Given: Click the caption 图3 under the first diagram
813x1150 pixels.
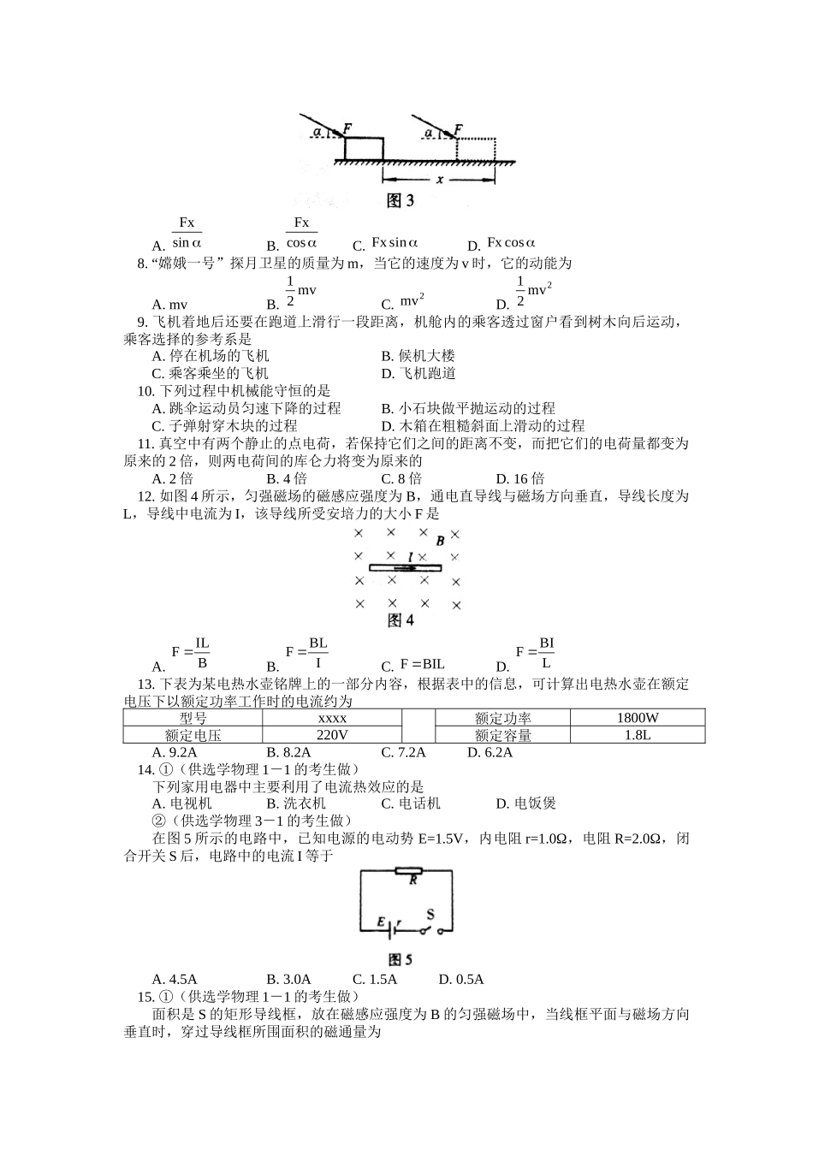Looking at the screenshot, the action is tap(401, 201).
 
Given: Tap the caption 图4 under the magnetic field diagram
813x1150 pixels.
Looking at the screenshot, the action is tap(401, 620).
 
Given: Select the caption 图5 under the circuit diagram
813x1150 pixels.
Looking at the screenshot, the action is tap(401, 959).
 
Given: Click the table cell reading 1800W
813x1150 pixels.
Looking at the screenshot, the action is tap(637, 718).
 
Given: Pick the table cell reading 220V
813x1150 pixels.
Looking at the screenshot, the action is tap(332, 735).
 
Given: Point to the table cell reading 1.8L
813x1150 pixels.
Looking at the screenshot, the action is tap(637, 735).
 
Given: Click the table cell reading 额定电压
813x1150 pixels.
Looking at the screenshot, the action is tap(193, 735).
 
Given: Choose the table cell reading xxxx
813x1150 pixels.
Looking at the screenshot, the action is tap(332, 718).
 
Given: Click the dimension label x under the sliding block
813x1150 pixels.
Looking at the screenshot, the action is tap(439, 180).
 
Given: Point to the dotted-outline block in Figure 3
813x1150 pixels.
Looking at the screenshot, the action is tap(476, 147).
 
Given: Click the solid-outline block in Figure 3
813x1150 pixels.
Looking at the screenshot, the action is tap(364, 147).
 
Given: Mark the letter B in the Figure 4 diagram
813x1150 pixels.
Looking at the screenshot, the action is tap(440, 541).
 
